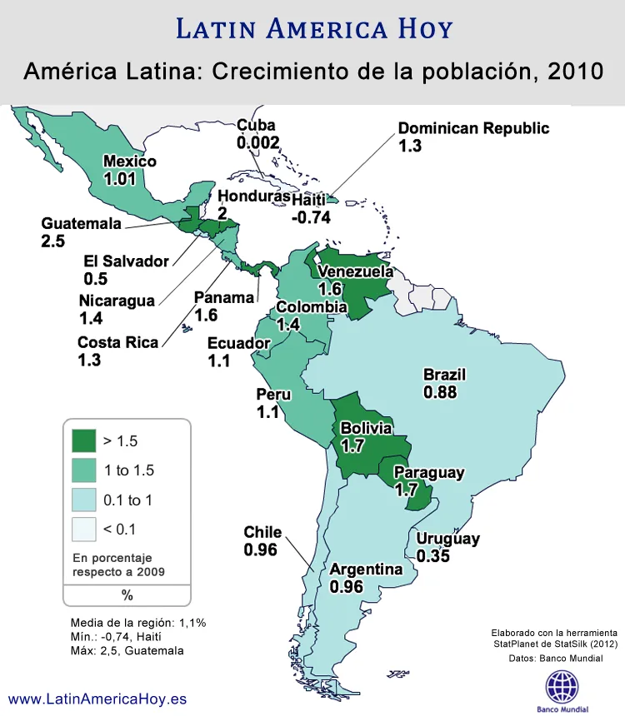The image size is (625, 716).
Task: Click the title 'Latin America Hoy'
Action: point(314,28)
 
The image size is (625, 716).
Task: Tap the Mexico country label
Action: point(129,161)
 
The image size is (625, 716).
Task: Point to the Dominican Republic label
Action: point(473,128)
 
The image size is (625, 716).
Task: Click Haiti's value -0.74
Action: point(311,217)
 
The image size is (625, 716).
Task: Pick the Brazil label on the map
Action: point(444,374)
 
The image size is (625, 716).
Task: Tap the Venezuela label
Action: point(356,271)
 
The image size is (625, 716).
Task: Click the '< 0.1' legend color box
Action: point(83,529)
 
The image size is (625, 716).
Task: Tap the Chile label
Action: point(262,532)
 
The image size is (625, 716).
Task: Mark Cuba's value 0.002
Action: point(257,143)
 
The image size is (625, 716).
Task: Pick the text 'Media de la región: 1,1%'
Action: point(138,622)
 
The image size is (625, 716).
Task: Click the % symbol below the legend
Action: point(127,594)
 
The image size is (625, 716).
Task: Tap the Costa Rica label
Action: point(117,342)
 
